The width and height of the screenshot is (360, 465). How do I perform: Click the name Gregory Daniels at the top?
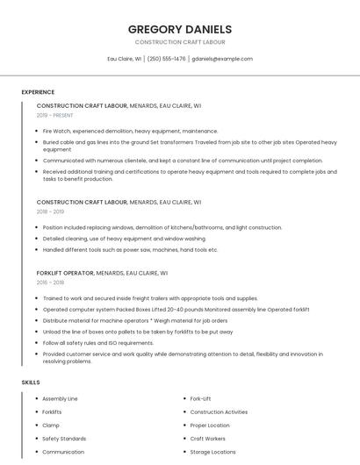click(x=180, y=29)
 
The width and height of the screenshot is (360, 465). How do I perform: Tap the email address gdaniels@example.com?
click(x=222, y=59)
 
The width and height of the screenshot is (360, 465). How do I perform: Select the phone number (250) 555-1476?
click(x=167, y=59)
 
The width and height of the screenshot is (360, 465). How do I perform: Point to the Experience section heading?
click(x=38, y=92)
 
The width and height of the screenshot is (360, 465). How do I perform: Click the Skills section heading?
click(x=31, y=383)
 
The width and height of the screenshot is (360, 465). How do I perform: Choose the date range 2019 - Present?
click(x=55, y=115)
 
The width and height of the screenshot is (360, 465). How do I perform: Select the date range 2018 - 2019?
click(x=50, y=211)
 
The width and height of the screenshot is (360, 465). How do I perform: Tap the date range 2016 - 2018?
click(x=50, y=283)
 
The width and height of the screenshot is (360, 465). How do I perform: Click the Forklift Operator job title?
click(x=65, y=273)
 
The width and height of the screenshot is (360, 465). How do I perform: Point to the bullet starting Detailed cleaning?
click(x=124, y=238)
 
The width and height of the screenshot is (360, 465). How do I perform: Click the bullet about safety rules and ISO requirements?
click(x=117, y=342)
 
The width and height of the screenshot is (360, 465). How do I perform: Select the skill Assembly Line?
click(x=60, y=398)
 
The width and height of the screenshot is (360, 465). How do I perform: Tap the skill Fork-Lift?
click(x=200, y=398)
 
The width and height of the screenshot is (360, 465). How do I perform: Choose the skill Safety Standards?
click(x=64, y=439)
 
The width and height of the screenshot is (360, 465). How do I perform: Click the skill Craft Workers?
click(x=207, y=439)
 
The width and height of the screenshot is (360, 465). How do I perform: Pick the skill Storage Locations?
click(x=212, y=452)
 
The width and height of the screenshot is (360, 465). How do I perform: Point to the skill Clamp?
click(x=51, y=425)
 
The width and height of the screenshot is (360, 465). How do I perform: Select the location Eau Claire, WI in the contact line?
click(x=124, y=59)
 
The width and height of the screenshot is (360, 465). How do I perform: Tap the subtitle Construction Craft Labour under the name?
click(x=180, y=42)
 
